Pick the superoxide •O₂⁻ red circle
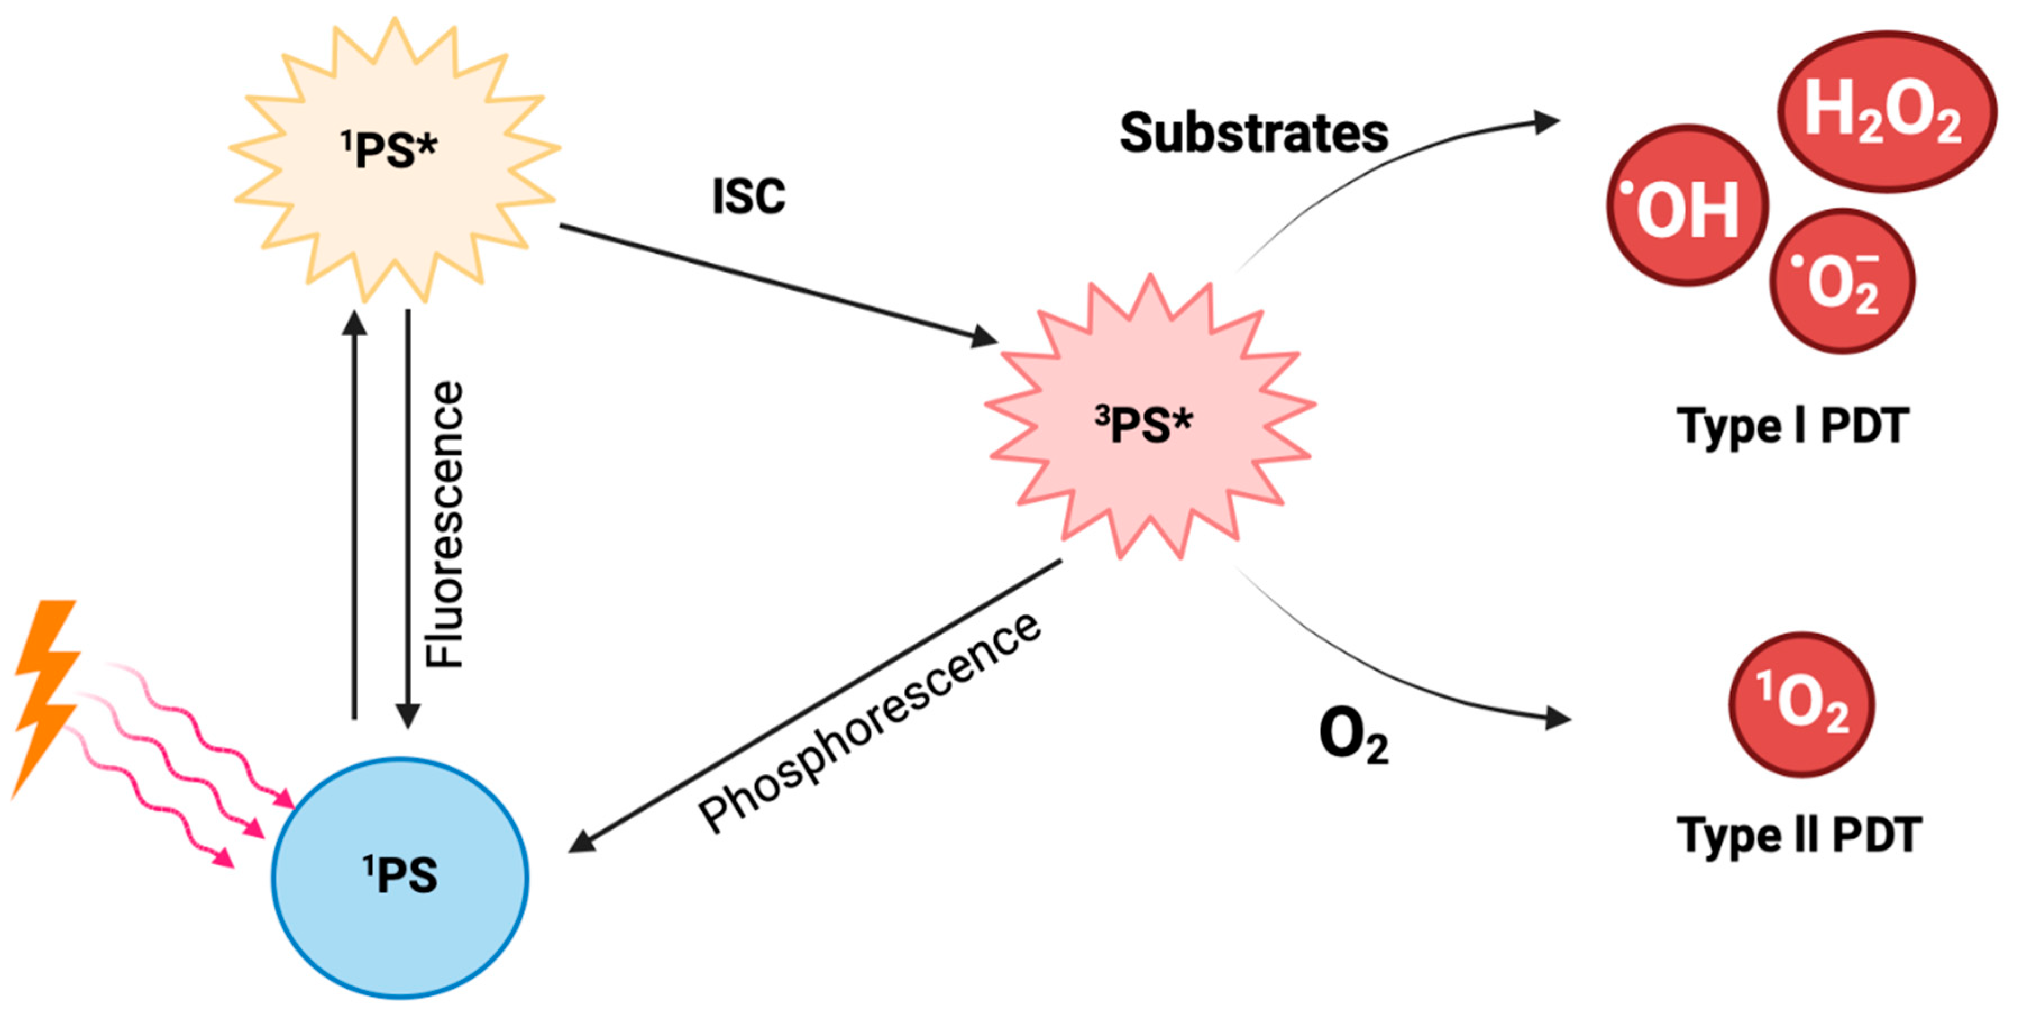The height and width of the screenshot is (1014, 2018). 1842,281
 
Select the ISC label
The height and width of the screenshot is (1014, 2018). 749,196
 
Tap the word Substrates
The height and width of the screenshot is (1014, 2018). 1253,133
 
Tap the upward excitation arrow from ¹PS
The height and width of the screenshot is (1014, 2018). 355,517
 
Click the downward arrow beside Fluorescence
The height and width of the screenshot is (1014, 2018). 408,517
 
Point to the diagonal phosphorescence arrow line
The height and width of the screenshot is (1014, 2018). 814,705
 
